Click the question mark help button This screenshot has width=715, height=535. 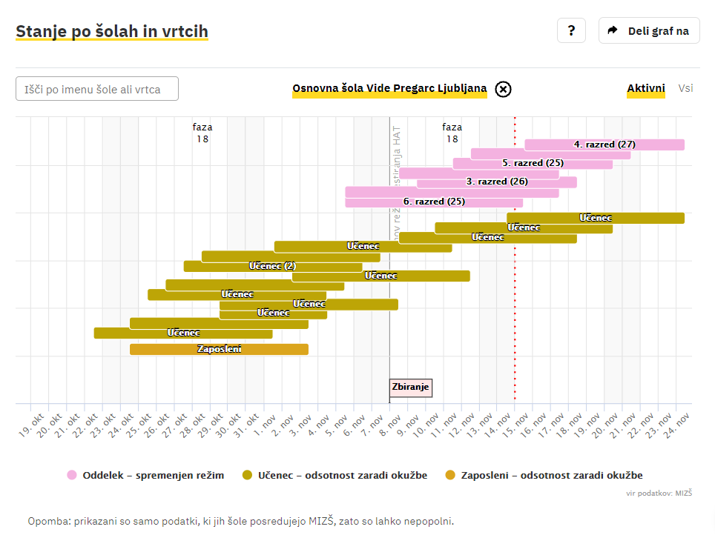[571, 30]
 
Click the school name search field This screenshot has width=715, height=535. [97, 89]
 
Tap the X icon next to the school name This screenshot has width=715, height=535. [503, 90]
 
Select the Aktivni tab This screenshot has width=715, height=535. [645, 88]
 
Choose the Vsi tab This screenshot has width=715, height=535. [685, 88]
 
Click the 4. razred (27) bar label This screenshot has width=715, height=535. [604, 144]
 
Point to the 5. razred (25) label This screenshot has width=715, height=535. [533, 163]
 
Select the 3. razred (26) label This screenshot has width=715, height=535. [497, 182]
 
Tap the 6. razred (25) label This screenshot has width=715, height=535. [434, 202]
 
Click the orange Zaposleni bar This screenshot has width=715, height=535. [219, 349]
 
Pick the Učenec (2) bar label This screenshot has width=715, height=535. [272, 266]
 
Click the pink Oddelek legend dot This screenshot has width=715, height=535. [72, 475]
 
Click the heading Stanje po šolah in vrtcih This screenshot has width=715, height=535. [111, 31]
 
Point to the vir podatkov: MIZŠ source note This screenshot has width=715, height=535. [659, 492]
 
